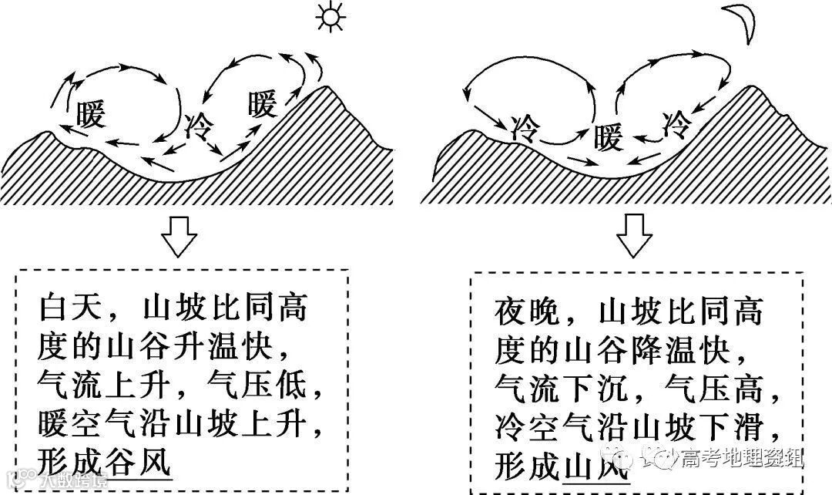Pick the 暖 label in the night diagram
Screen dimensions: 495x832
click(x=608, y=140)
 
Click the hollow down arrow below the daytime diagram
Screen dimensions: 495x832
click(x=179, y=236)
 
